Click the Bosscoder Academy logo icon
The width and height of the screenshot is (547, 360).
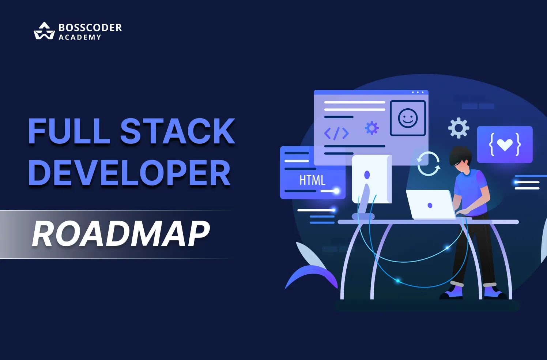[x=44, y=31]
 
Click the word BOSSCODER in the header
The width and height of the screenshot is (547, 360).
[x=90, y=27]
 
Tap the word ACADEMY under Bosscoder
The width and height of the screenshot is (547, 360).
[x=80, y=37]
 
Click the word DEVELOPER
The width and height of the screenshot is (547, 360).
[x=129, y=173]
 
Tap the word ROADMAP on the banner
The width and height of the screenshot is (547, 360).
[x=121, y=233]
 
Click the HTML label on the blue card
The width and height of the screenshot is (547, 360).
[x=312, y=180]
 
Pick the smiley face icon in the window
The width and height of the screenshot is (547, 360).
[x=408, y=118]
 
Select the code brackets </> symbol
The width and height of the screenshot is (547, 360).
[x=336, y=134]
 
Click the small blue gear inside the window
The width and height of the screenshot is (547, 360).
[x=371, y=128]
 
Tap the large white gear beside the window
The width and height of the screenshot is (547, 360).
[x=459, y=128]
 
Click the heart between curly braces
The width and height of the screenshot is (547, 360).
[x=505, y=145]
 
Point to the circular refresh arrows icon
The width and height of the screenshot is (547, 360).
[x=428, y=164]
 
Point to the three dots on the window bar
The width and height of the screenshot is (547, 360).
[x=418, y=93]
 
